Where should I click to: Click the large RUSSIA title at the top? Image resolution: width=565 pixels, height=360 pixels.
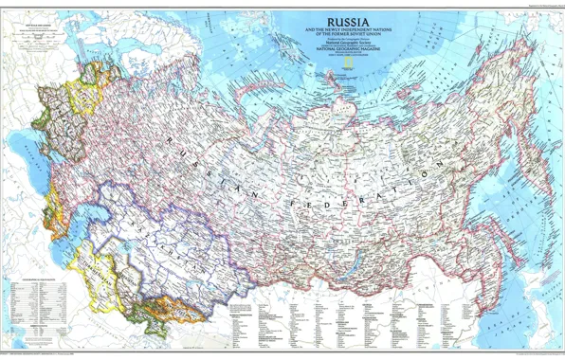click(350, 21)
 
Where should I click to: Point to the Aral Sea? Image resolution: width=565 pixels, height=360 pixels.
click(112, 234)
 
